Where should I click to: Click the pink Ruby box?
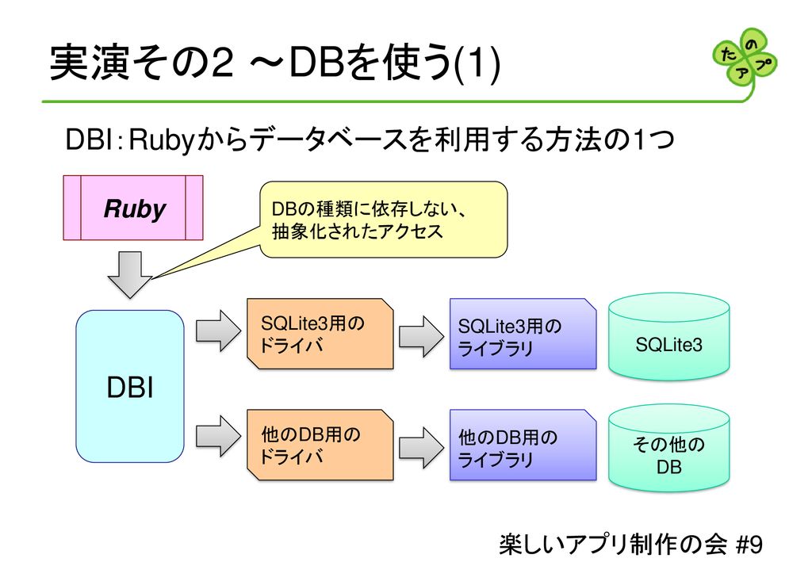pos(133,208)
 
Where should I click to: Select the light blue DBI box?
pos(130,386)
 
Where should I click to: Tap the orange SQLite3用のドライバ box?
pos(320,334)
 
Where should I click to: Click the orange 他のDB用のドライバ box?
pos(320,445)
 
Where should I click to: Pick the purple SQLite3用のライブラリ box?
pos(522,334)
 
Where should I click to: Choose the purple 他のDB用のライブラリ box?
pos(522,445)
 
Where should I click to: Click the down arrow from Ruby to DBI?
pos(130,273)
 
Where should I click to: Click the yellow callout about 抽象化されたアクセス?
pos(384,220)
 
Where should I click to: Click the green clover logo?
pos(745,57)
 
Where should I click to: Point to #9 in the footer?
pos(749,545)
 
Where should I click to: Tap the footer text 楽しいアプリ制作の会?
pos(613,545)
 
